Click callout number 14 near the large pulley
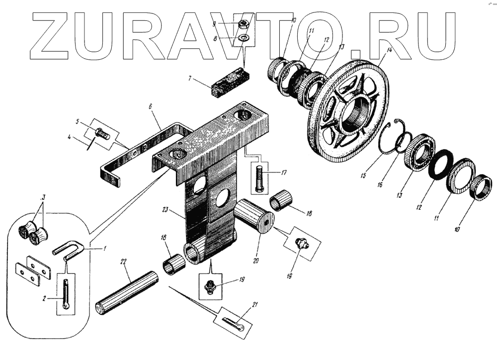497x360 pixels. click(x=389, y=51)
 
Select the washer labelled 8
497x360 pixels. click(x=243, y=38)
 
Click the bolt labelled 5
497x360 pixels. click(x=102, y=134)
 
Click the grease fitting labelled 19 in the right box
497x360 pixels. click(x=300, y=243)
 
